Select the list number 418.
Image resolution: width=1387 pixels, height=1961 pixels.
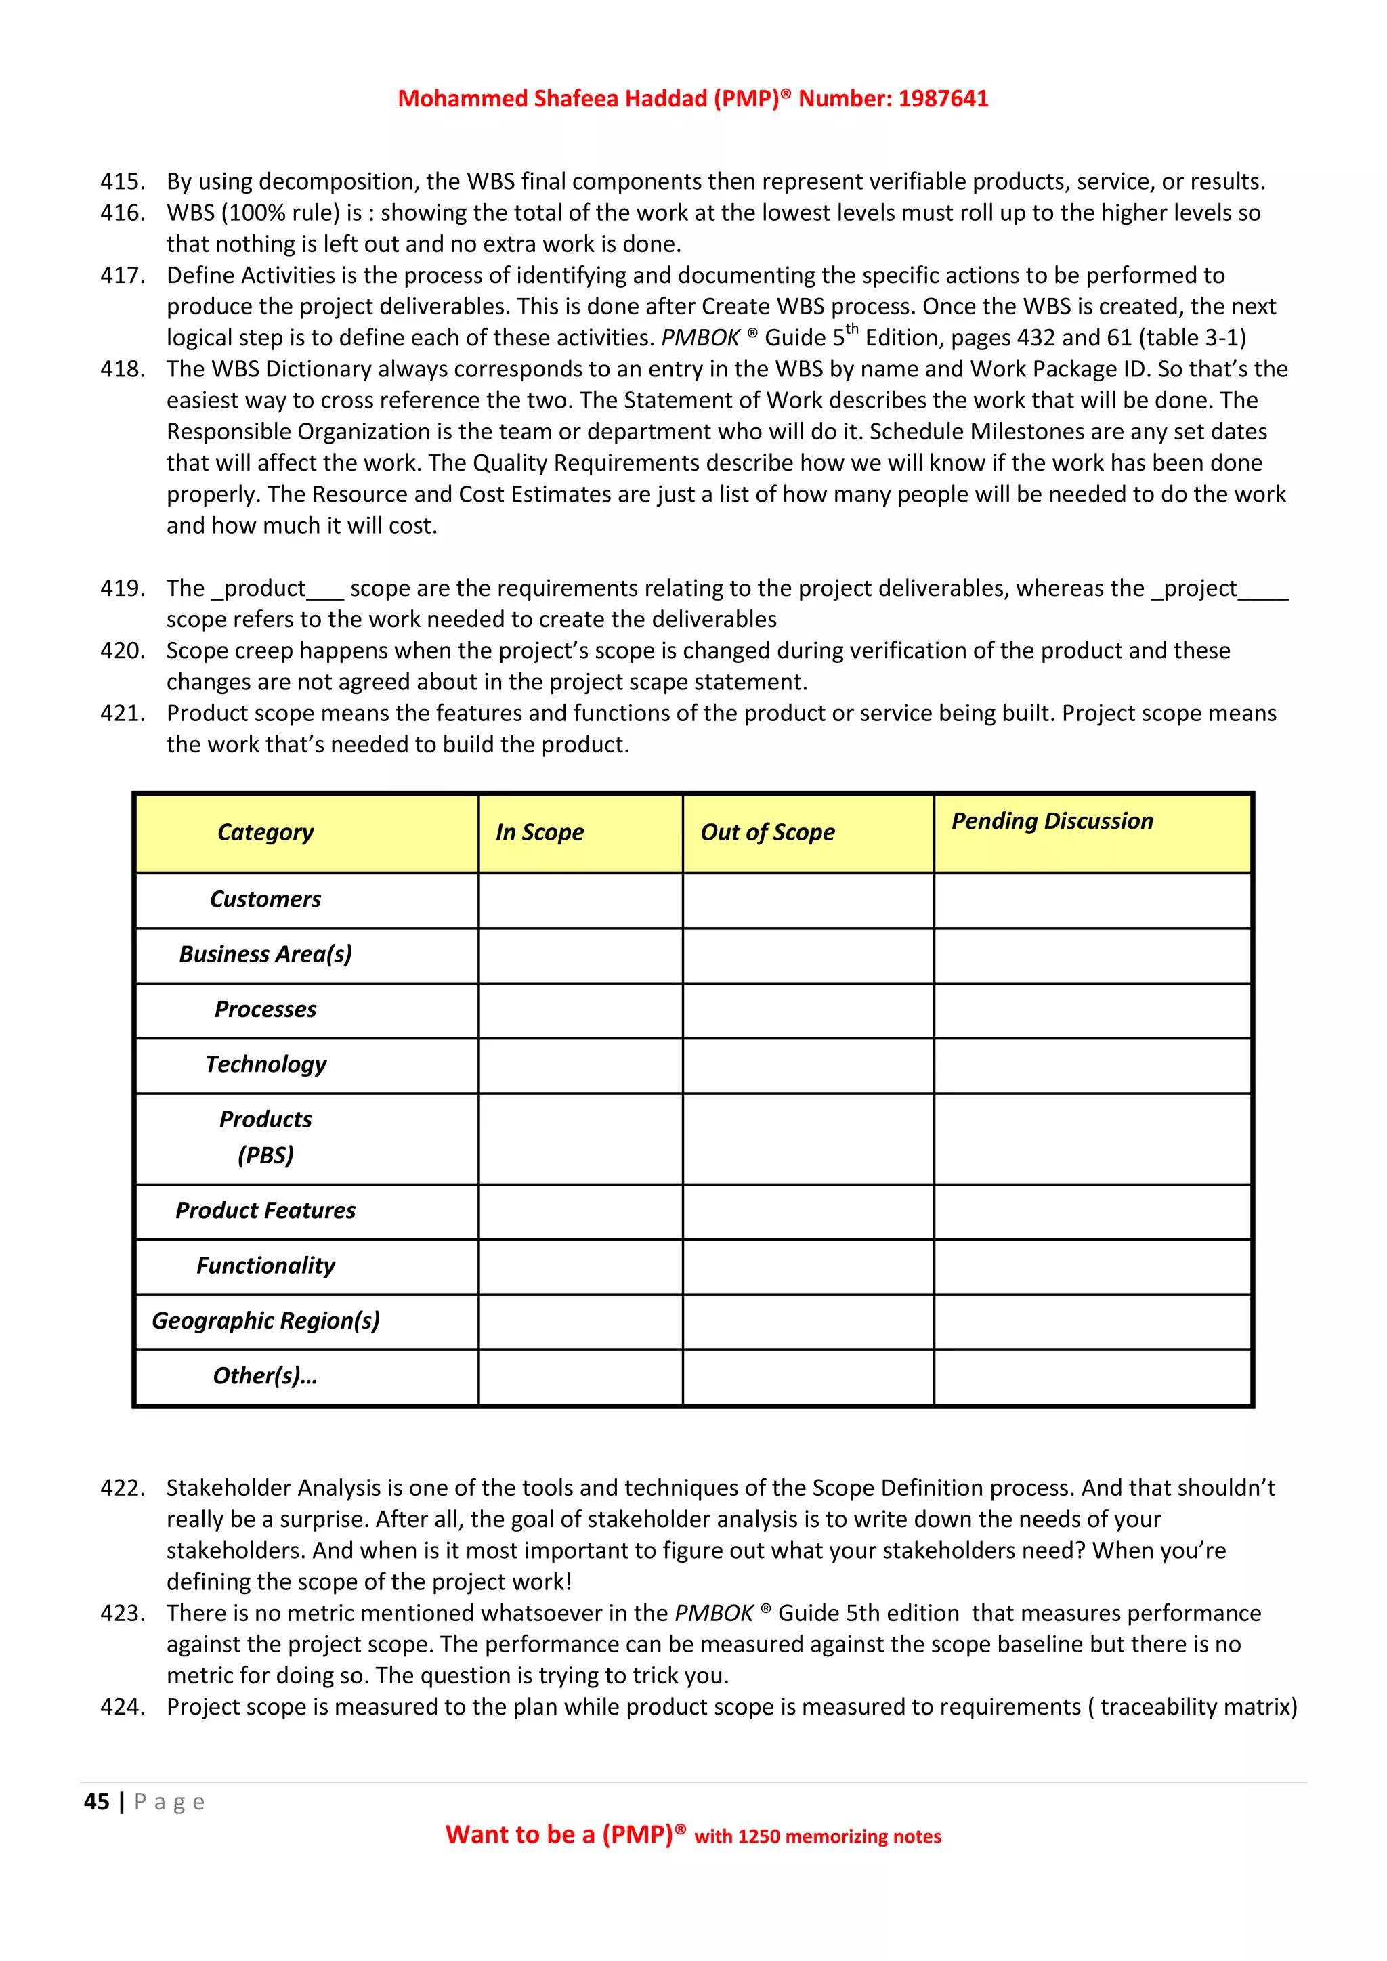pyautogui.click(x=122, y=369)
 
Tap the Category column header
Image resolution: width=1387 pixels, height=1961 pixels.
pyautogui.click(x=265, y=832)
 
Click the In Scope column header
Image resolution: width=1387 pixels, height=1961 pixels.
pyautogui.click(x=540, y=832)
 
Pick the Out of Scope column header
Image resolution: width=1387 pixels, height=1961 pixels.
pyautogui.click(x=767, y=832)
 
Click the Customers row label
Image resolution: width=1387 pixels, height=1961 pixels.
pyautogui.click(x=265, y=899)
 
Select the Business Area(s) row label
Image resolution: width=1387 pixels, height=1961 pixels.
pyautogui.click(x=265, y=954)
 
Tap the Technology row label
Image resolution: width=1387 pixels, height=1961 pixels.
pyautogui.click(x=265, y=1064)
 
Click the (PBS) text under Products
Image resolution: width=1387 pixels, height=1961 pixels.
pyautogui.click(x=265, y=1156)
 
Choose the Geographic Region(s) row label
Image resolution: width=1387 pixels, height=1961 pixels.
pyautogui.click(x=265, y=1320)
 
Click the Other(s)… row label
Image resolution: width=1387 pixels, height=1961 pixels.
pyautogui.click(x=265, y=1376)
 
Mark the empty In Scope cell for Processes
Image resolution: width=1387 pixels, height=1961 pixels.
pyautogui.click(x=580, y=1010)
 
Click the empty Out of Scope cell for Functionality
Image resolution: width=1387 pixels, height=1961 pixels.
pyautogui.click(x=807, y=1267)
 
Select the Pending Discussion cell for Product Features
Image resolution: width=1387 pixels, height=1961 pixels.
pyautogui.click(x=1092, y=1211)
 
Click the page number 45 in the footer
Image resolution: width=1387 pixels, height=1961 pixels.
pyautogui.click(x=97, y=1801)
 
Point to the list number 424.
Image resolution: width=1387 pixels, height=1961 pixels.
pyautogui.click(x=122, y=1706)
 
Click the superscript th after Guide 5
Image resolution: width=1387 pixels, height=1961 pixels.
pyautogui.click(x=851, y=329)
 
